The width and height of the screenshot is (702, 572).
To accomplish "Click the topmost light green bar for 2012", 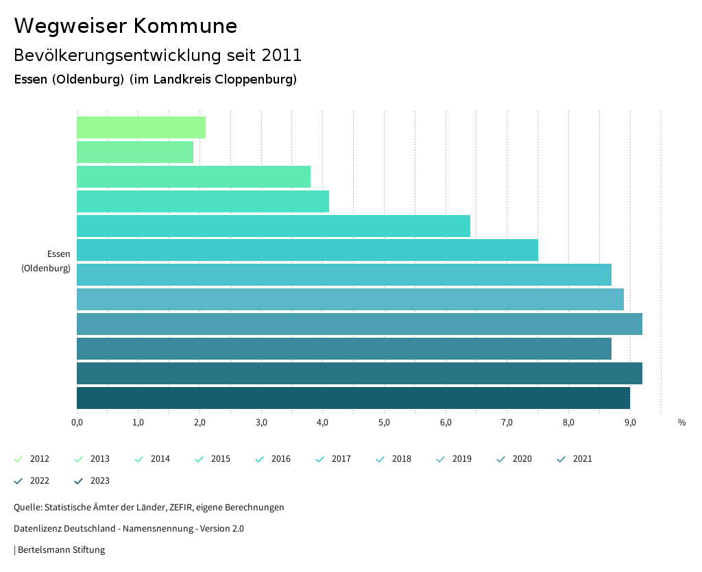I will pyautogui.click(x=141, y=127).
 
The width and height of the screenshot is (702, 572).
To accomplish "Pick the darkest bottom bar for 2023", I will pyautogui.click(x=353, y=398).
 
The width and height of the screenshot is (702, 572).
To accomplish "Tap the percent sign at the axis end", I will pyautogui.click(x=681, y=423).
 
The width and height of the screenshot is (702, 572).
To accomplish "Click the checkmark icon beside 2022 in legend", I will pyautogui.click(x=19, y=481).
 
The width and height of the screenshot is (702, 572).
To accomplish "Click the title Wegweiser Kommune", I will pyautogui.click(x=125, y=26).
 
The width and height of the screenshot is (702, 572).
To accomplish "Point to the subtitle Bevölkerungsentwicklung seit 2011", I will pyautogui.click(x=158, y=55).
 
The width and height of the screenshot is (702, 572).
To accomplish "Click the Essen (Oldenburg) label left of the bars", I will pyautogui.click(x=46, y=261).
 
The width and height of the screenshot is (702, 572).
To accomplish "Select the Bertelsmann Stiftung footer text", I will pyautogui.click(x=61, y=550).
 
